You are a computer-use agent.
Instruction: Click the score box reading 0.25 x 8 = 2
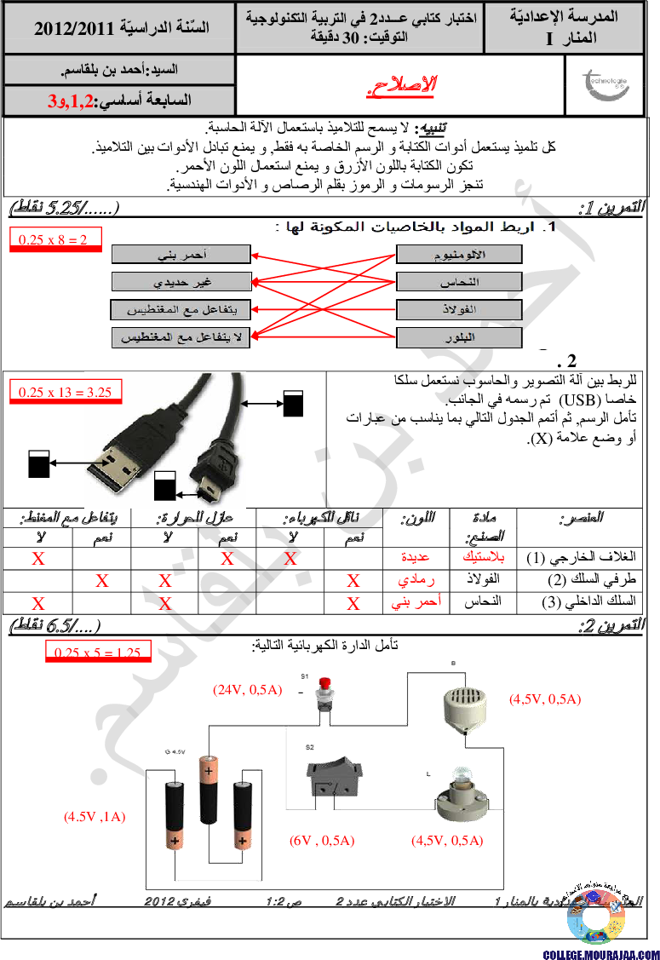point(53,240)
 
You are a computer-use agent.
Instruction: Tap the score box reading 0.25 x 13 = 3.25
point(65,392)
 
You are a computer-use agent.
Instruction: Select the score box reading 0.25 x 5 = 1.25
point(96,652)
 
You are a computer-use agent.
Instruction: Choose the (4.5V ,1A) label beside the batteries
point(95,816)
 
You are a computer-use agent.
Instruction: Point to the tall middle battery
point(209,788)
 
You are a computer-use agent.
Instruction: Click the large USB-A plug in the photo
point(128,460)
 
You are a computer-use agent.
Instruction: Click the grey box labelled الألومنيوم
point(459,254)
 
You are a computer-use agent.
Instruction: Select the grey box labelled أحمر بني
point(181,254)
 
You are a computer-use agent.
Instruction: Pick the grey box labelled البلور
point(459,338)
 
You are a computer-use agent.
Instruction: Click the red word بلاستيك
point(483,558)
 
